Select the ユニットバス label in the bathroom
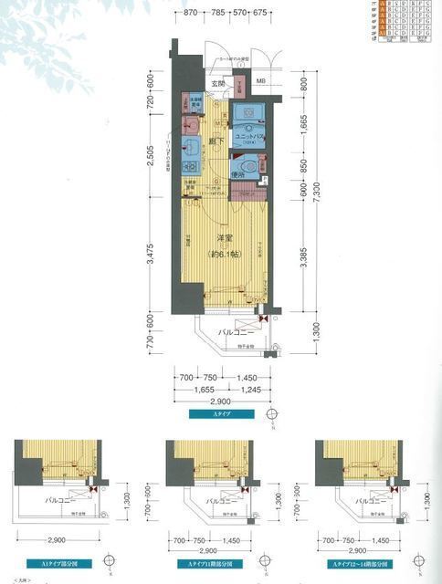tap(247, 136)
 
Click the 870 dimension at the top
tap(190, 14)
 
